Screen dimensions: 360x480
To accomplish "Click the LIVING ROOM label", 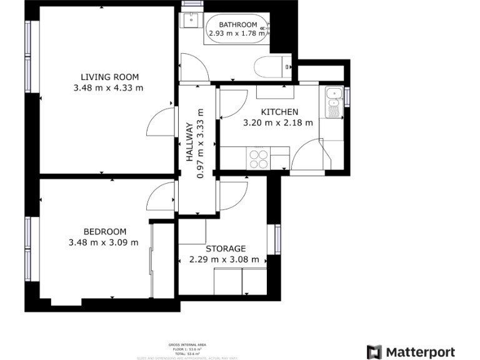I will point(108,77).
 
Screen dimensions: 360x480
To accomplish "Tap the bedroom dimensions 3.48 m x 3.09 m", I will point(104,242).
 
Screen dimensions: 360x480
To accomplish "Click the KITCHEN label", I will point(275,112).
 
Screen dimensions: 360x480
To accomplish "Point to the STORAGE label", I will point(226,248).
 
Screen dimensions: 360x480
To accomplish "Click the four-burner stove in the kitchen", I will point(258,158).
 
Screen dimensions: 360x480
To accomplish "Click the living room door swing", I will point(161,123).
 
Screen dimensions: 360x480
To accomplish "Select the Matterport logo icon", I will point(374,352).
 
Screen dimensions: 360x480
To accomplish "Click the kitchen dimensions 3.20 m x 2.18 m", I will point(277,123).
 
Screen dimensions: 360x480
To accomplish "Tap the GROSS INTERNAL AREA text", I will point(187,345).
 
